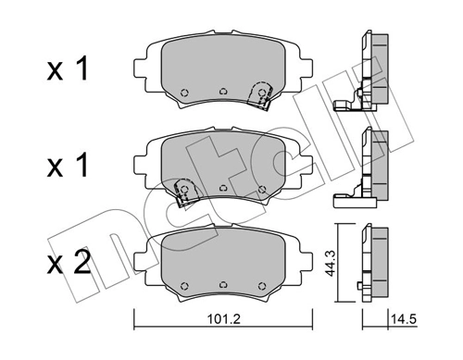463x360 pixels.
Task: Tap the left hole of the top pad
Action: point(184,92)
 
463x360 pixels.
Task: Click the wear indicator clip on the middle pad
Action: point(183,192)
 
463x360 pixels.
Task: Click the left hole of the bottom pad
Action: point(183,283)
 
